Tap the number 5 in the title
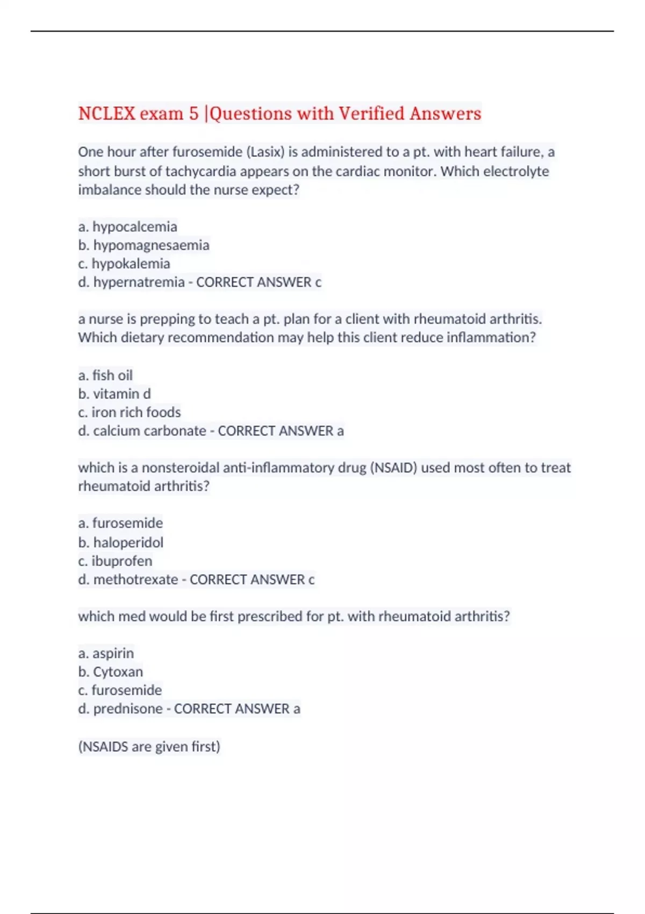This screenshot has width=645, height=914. [193, 113]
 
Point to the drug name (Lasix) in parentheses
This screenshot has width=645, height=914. [265, 152]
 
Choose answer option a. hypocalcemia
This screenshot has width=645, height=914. [127, 227]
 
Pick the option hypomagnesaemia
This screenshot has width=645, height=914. [144, 245]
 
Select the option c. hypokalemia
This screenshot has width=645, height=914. [124, 264]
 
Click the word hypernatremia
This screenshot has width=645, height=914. [139, 282]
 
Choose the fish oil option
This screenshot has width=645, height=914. [105, 375]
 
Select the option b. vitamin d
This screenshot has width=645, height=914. [114, 394]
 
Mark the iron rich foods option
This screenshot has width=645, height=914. [130, 412]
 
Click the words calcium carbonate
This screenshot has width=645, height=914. [149, 431]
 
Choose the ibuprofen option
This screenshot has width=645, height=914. [115, 561]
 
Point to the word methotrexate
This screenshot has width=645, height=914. [135, 580]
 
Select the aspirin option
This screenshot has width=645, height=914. [106, 653]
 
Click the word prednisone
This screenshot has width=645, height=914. [128, 709]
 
